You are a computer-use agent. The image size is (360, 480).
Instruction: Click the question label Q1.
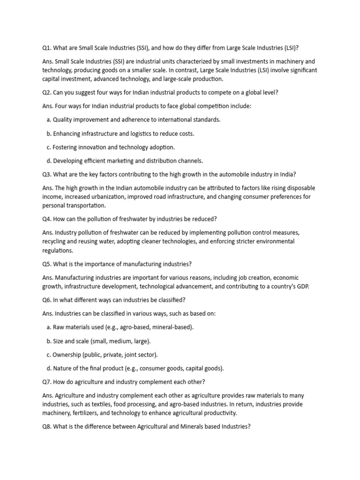tap(47, 48)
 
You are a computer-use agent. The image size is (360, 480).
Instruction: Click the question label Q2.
tap(47, 92)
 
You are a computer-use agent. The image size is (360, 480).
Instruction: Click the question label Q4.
tap(47, 219)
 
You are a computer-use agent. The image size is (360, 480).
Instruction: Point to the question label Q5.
tap(47, 264)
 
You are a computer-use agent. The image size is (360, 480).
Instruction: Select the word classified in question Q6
tap(166, 300)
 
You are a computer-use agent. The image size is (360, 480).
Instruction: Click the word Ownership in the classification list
tap(67, 354)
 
